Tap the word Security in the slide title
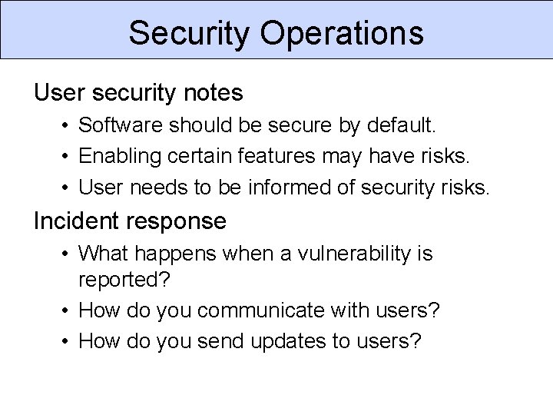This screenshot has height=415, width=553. pos(189,33)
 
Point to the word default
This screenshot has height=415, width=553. pos(409,124)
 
